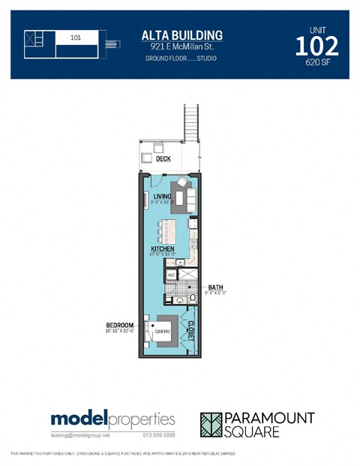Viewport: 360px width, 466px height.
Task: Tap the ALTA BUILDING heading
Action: coord(182,35)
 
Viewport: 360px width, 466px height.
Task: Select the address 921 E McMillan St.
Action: coord(182,47)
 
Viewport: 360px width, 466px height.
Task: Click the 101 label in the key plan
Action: coord(76,36)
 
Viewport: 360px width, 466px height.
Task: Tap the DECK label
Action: coord(163,159)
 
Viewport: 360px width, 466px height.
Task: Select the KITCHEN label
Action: coord(162,248)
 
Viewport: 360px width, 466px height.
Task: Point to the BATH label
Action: coord(215,287)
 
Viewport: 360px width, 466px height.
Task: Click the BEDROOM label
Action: coord(121,326)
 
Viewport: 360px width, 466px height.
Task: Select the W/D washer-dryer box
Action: coord(171,275)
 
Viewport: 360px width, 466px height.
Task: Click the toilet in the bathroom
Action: coord(192,299)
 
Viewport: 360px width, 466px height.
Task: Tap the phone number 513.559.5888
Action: coord(159,435)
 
